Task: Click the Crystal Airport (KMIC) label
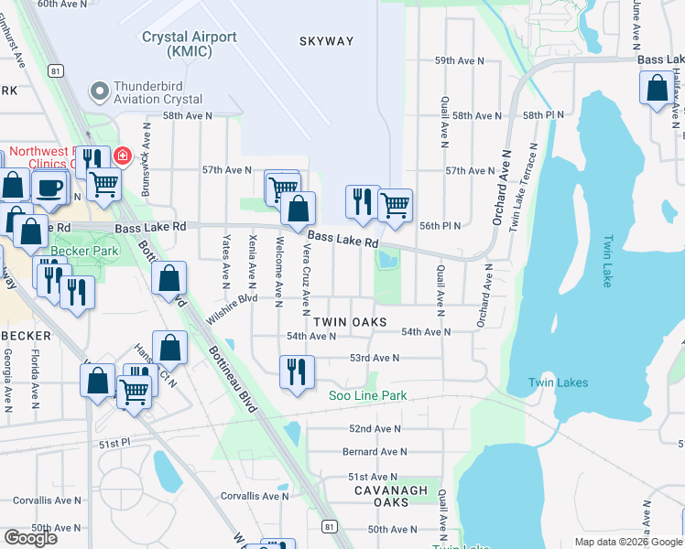click(190, 44)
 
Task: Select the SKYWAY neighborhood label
click(326, 41)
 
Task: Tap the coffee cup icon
click(48, 188)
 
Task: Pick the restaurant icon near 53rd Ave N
click(297, 371)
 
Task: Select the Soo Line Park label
click(367, 396)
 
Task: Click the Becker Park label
click(84, 250)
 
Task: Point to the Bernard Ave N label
click(374, 452)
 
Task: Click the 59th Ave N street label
click(459, 60)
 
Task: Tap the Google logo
click(30, 537)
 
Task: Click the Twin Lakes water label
click(558, 382)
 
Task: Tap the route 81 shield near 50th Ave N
click(329, 526)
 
